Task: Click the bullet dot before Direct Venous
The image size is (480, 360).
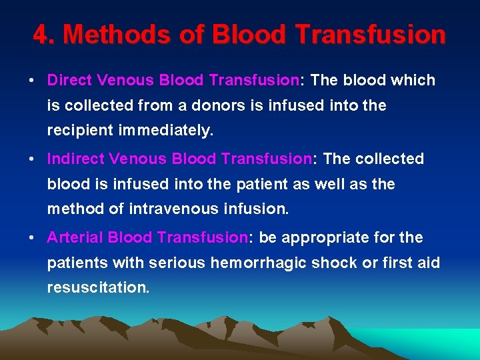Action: click(x=31, y=81)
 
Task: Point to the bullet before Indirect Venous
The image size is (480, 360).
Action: click(x=31, y=160)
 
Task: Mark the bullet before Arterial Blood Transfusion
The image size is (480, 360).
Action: click(x=31, y=239)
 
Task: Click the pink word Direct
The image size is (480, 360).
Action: click(x=69, y=81)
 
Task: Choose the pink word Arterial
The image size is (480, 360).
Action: click(x=75, y=238)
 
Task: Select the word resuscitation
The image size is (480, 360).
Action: click(x=98, y=288)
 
